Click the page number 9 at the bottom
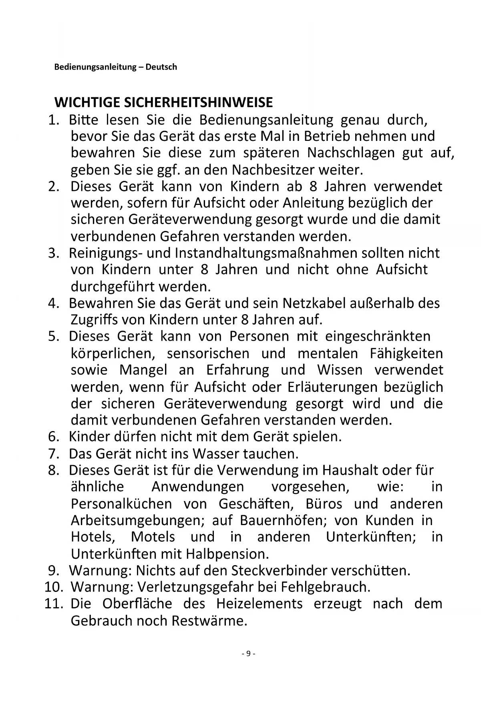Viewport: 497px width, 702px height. pos(248,654)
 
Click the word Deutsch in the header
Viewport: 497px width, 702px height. pos(161,67)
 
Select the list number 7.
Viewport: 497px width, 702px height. pos(54,454)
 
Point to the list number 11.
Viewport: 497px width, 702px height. pos(54,604)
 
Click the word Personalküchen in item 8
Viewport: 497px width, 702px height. pos(121,504)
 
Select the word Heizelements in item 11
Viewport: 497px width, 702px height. pos(260,604)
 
